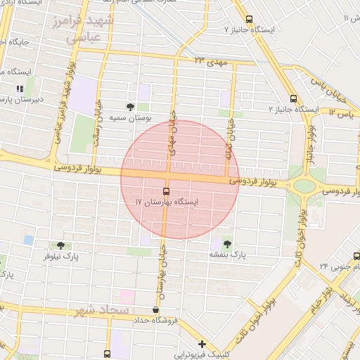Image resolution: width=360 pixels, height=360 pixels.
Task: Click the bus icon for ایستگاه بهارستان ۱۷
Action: [167, 191]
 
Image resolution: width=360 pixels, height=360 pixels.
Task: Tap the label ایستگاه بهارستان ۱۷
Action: [167, 202]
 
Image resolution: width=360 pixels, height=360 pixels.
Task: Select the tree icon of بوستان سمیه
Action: [130, 106]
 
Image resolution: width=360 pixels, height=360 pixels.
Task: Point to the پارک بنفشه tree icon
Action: [226, 243]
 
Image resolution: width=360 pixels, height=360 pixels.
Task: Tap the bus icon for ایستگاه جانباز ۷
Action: [248, 20]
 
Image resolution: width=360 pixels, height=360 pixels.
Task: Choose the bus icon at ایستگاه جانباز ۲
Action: [293, 99]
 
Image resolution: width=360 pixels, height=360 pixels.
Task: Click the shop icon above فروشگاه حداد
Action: [155, 309]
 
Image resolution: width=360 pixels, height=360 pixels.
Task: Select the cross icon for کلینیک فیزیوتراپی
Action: [202, 345]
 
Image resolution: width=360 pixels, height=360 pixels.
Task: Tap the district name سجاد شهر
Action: [103, 309]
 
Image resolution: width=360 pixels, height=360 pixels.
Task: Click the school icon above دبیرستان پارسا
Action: [20, 89]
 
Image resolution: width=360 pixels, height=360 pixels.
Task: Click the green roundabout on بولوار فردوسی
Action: [304, 186]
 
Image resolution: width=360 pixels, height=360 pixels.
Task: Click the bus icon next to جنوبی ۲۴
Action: [356, 256]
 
